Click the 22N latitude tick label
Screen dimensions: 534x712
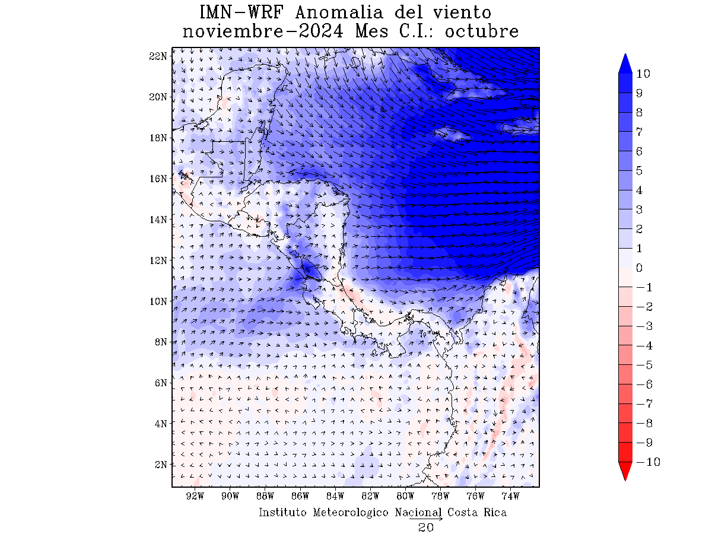click(157, 56)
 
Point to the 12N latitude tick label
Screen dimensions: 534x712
click(157, 260)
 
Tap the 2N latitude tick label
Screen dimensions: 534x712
click(160, 464)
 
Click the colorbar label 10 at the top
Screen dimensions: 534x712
click(643, 74)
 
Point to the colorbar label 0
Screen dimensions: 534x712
click(639, 268)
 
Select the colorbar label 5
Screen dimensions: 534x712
click(639, 171)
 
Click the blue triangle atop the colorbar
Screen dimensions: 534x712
click(625, 63)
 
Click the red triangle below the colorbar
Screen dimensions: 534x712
click(625, 471)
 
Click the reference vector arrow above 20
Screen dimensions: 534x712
click(425, 519)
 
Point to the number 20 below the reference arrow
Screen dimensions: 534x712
click(425, 527)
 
